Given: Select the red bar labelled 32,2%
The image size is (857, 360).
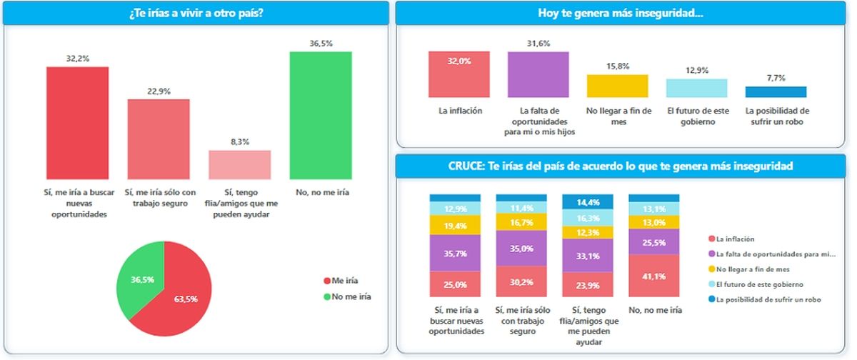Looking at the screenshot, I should pos(77,122).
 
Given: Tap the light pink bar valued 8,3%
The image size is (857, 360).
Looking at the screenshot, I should pos(239,164).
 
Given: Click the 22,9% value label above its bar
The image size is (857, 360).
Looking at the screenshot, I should pos(158,91).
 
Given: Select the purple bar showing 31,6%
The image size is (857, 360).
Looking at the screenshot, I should pos(538,74).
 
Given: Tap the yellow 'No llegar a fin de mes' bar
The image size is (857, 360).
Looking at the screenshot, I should pos(617,86).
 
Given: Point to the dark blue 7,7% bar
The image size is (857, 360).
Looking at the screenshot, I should pos(776,91).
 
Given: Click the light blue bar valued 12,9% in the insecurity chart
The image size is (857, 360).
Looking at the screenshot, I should pos(696,88).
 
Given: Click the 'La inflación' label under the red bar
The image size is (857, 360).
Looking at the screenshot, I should pos(460,111).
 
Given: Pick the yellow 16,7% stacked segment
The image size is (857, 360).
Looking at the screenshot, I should pos(521,222).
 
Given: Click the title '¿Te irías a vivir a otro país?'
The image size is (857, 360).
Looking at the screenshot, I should pos(196,13).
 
